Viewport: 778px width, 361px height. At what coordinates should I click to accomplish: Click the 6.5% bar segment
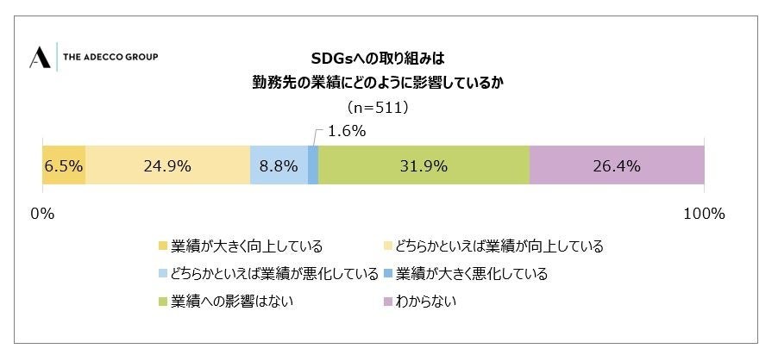point(63,165)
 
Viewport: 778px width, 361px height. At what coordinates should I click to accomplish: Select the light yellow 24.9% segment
point(167,165)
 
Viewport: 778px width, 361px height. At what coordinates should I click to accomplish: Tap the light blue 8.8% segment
point(279,165)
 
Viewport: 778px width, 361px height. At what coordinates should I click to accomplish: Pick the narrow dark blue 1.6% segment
point(313,165)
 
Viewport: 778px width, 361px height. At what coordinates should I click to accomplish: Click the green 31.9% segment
point(424,165)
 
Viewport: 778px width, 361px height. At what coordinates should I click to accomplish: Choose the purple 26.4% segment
point(617,165)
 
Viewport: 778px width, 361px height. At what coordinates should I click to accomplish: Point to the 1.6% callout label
point(347,132)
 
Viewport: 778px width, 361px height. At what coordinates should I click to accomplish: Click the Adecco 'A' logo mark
point(40,58)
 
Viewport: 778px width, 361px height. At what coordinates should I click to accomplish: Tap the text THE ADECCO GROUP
point(110,58)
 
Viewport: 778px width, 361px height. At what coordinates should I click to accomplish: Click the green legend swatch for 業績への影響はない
point(163,302)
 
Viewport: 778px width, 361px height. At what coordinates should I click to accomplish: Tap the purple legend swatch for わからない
point(387,302)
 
